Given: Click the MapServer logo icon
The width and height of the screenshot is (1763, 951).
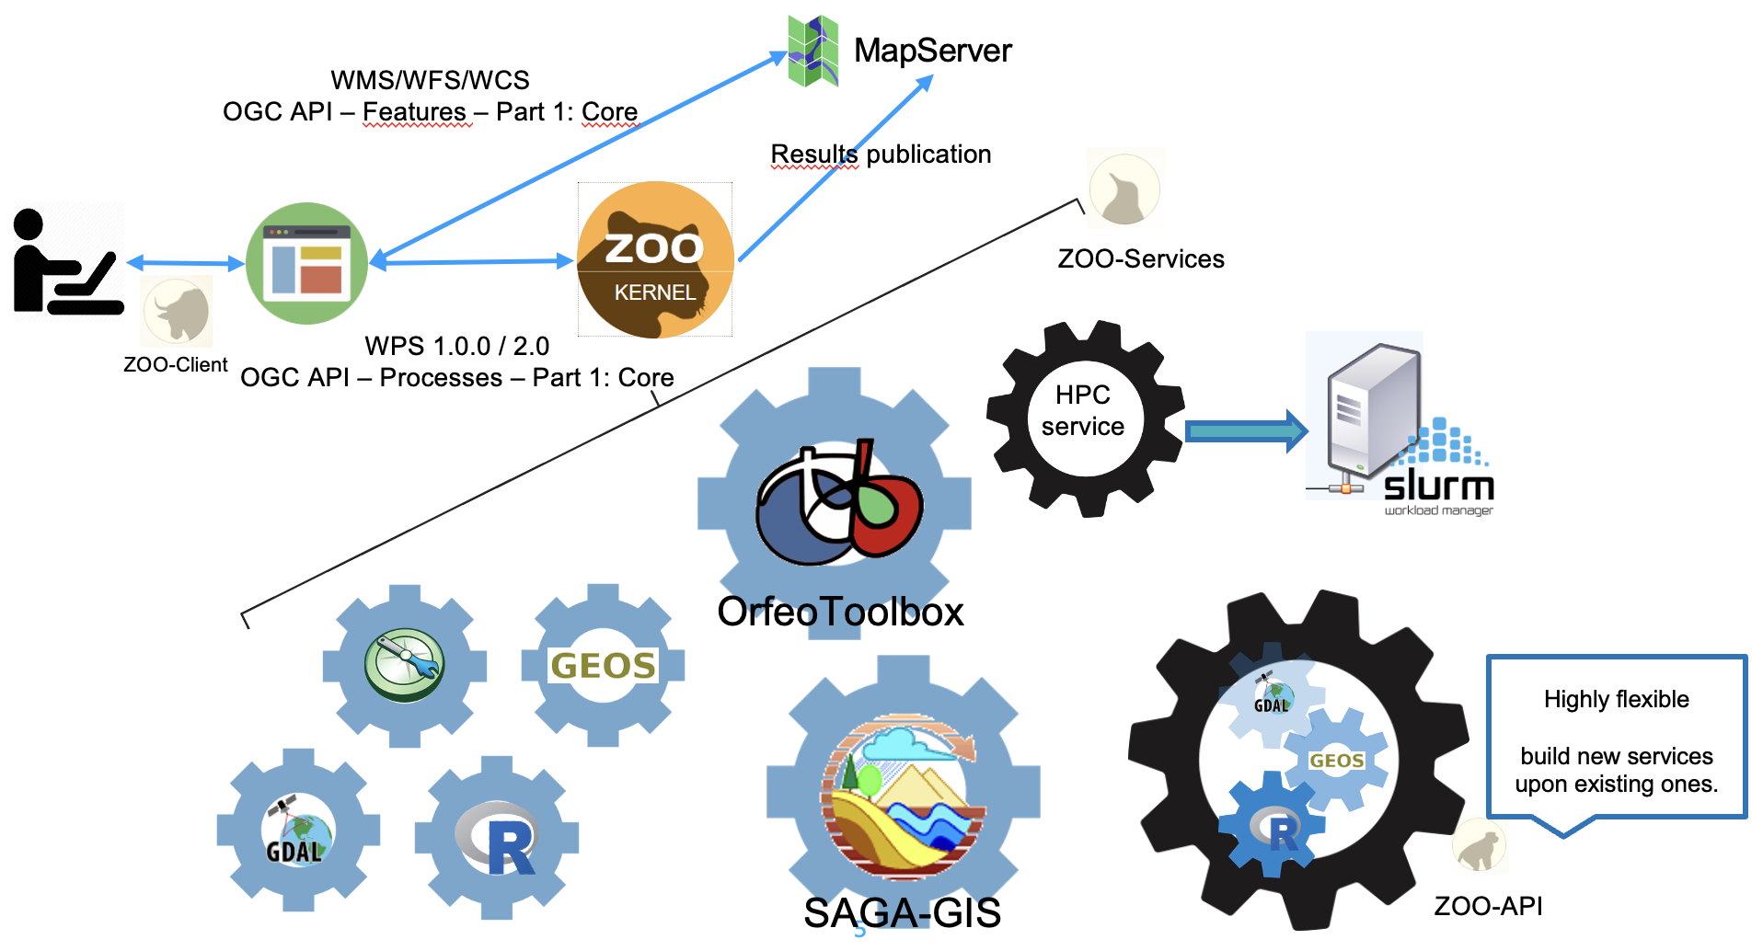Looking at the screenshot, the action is (x=813, y=52).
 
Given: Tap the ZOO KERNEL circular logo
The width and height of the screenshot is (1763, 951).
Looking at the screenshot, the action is (x=655, y=260).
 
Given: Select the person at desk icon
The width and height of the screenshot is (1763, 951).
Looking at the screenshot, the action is (x=67, y=261).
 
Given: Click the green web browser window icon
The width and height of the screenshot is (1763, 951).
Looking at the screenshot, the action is (x=306, y=263).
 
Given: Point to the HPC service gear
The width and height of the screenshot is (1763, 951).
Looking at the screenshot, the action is (x=1084, y=418).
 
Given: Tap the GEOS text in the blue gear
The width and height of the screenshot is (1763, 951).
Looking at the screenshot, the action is (x=603, y=665).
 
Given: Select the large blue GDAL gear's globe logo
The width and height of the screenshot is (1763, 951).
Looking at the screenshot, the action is (x=296, y=831).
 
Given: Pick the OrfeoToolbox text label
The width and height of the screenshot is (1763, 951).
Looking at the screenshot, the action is (x=840, y=612).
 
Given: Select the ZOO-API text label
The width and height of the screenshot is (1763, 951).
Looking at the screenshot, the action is (x=1488, y=906).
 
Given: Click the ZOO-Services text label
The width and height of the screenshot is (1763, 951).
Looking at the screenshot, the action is (x=1141, y=258).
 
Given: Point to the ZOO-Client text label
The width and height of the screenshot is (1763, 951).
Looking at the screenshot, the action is (x=175, y=364).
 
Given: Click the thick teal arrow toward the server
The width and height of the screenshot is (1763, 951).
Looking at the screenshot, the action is (x=1247, y=430).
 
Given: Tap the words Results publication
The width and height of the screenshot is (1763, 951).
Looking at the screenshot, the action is (x=881, y=155).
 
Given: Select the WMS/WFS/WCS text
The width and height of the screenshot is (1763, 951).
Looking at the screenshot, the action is (x=430, y=80).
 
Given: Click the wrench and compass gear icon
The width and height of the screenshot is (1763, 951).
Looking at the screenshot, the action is (x=405, y=664).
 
